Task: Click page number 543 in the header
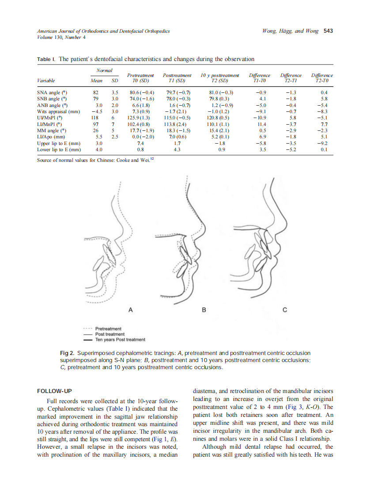(328, 31)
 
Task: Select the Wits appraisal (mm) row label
(58, 112)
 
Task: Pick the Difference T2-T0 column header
(322, 78)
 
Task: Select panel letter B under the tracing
(204, 309)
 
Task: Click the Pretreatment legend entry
(108, 328)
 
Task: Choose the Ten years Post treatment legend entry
(120, 340)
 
